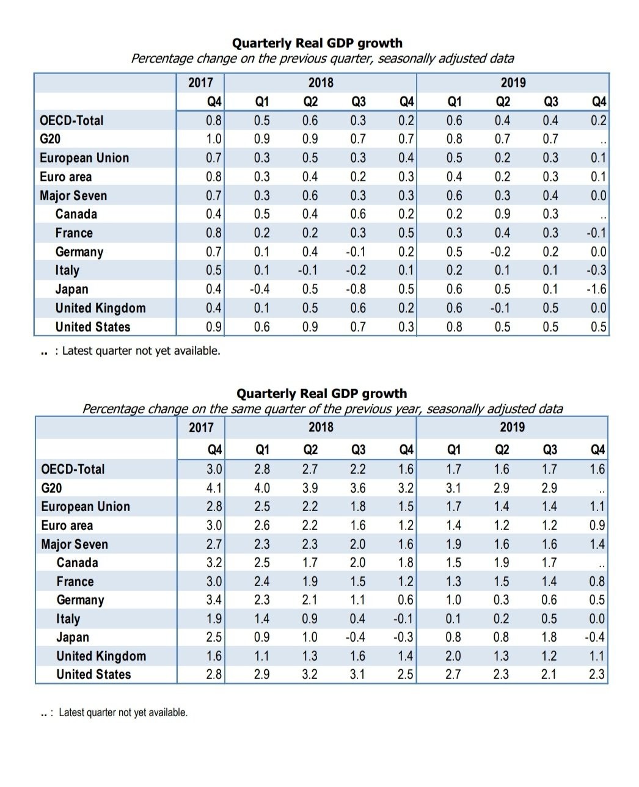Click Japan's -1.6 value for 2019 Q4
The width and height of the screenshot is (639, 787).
[596, 289]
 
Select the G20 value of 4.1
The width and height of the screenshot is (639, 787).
[214, 488]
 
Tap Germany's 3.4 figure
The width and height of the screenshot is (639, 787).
[214, 600]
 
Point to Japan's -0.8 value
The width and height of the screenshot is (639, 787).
[356, 289]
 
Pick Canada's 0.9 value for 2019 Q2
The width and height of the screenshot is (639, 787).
[502, 214]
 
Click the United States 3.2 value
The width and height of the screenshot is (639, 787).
[309, 674]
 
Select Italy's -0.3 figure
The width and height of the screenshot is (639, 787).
[596, 270]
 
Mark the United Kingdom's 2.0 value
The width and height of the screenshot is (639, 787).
[453, 656]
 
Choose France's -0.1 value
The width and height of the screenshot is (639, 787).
[596, 233]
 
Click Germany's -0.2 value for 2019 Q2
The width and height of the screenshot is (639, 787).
[500, 252]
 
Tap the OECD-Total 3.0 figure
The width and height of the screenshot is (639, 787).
[214, 469]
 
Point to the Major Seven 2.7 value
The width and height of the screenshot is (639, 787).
[214, 544]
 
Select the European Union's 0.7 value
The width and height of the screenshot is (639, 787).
[214, 158]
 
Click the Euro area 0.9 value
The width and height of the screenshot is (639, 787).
[597, 525]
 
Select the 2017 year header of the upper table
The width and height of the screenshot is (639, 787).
[201, 82]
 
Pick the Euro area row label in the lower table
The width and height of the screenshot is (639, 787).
[67, 525]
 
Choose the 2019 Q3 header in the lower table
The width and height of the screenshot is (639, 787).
[550, 449]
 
